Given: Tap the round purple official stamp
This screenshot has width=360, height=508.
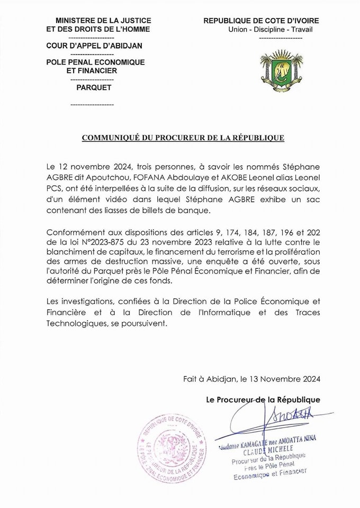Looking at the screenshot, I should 172,449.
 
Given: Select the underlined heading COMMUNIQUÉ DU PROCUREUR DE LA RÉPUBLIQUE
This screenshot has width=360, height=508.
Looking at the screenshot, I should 183,138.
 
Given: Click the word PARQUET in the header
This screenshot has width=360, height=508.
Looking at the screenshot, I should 94,87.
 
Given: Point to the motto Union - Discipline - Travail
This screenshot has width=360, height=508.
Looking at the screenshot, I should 271,30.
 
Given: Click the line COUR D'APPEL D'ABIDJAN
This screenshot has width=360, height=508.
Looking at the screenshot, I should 94,46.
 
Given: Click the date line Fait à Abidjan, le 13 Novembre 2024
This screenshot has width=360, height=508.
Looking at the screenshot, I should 251,379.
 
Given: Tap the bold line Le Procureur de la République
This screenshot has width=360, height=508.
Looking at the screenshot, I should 263,400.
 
